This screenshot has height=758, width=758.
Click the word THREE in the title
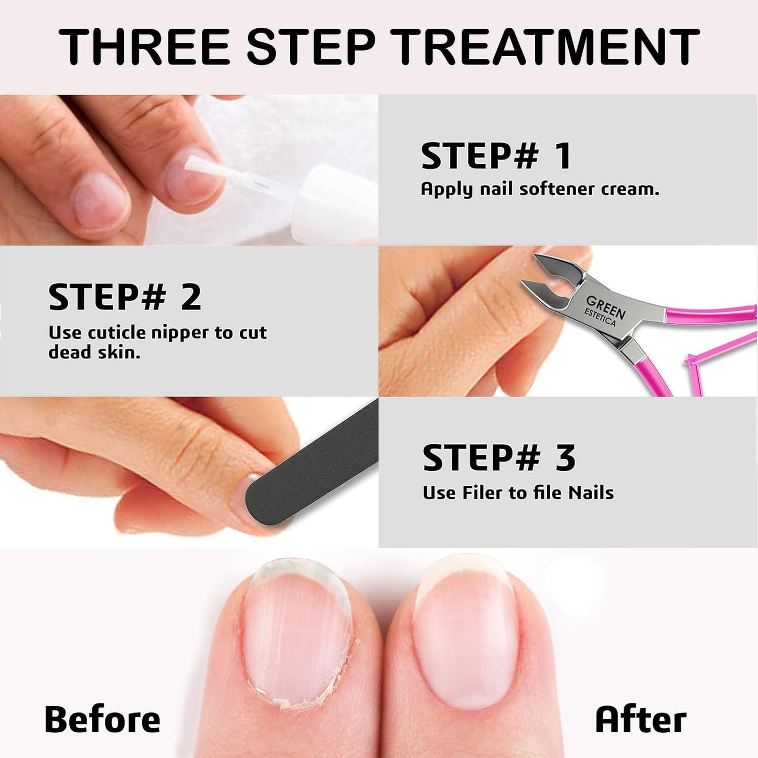pos(144,47)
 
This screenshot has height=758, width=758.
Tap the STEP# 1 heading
pos(496,156)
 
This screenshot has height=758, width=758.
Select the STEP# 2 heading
pos(124,297)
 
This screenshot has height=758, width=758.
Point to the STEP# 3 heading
pos(499,457)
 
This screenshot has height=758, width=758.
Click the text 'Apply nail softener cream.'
pos(540,189)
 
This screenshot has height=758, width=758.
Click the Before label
pos(102,719)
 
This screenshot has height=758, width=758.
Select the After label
pos(640,719)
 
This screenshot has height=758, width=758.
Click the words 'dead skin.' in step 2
pos(94,352)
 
